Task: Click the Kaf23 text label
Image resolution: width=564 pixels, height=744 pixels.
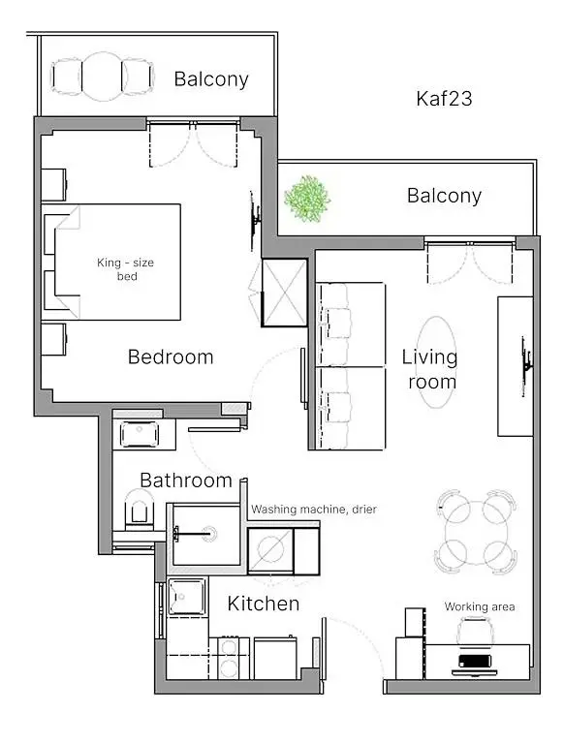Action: [444, 98]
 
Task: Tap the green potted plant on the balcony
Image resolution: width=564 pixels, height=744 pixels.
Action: [307, 197]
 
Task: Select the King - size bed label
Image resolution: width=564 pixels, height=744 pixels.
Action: [125, 269]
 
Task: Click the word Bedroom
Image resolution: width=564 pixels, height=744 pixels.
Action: [171, 356]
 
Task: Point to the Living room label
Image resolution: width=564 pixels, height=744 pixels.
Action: [429, 369]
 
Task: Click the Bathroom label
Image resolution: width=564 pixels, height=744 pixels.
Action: [186, 480]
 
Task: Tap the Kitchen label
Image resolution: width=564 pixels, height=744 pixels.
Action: [263, 604]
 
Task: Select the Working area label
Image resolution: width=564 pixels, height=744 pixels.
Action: [479, 606]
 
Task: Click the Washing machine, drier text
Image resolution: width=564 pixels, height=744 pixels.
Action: [314, 509]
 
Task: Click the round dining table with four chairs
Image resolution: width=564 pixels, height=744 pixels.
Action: [475, 529]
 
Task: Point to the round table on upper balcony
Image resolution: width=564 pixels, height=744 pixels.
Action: [102, 75]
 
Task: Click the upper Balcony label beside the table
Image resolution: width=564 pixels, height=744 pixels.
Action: [211, 78]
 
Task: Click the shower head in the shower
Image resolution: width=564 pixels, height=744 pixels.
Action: [178, 532]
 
